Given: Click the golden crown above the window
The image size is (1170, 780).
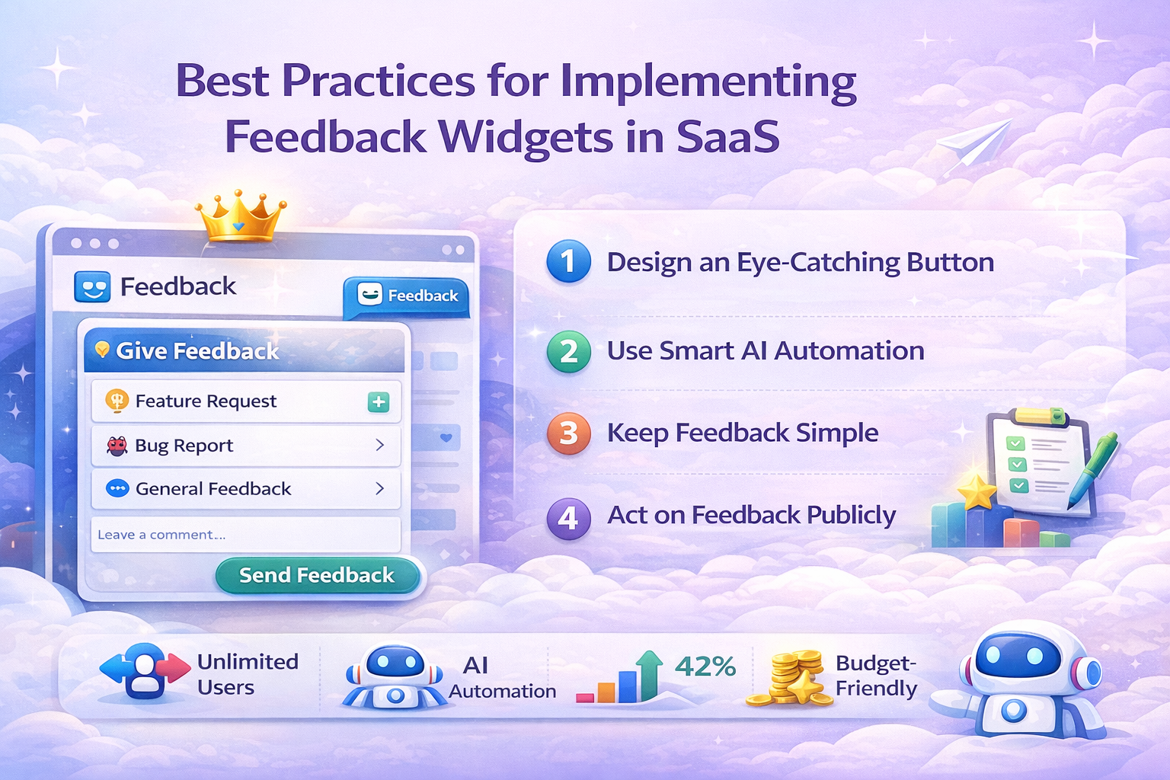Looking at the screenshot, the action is tap(240, 216).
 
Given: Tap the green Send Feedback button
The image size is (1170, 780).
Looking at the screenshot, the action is tap(318, 575).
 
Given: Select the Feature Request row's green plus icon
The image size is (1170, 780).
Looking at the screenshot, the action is tap(379, 401).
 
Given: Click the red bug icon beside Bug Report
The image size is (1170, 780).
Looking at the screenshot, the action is tap(117, 446).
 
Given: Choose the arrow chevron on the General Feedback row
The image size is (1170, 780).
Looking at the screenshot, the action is tap(380, 488).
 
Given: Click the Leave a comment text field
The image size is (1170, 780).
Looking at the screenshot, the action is tap(245, 535).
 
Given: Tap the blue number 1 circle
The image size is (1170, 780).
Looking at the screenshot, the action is tap(569, 261).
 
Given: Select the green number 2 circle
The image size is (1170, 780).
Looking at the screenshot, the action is tap(569, 351).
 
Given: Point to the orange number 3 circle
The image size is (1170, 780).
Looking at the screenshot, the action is tap(569, 433).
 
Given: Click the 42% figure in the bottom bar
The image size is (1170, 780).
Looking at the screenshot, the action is tap(705, 667).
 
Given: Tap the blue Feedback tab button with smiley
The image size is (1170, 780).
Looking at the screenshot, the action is tap(406, 296).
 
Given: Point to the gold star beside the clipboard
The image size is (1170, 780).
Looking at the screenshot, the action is tap(977, 491).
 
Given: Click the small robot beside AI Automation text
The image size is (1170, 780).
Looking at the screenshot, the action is tap(395, 676).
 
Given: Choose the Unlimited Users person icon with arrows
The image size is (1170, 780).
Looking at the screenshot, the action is tap(145, 671).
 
